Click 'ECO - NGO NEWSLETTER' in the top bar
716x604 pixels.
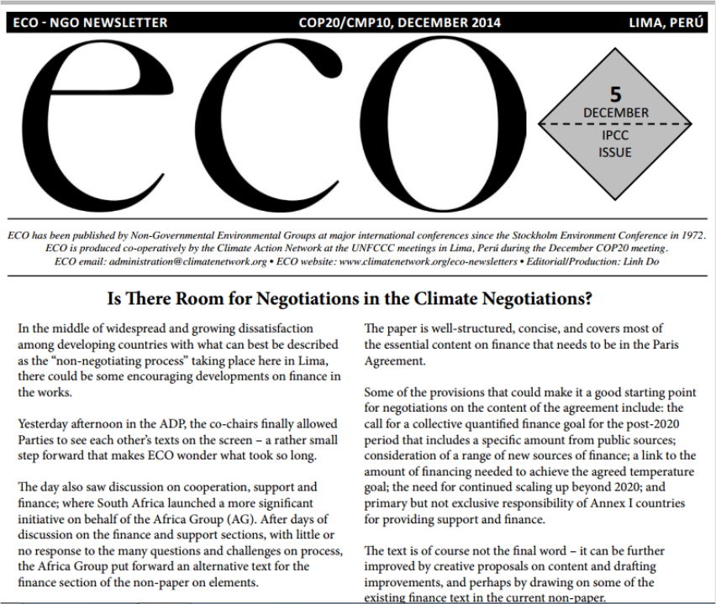point(91,23)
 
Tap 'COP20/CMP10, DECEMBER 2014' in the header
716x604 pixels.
point(399,23)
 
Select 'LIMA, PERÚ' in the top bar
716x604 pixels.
point(666,23)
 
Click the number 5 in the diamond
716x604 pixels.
point(616,94)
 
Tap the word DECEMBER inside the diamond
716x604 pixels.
point(616,113)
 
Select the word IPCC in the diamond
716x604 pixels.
point(615,135)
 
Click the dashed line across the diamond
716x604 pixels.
point(616,123)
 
